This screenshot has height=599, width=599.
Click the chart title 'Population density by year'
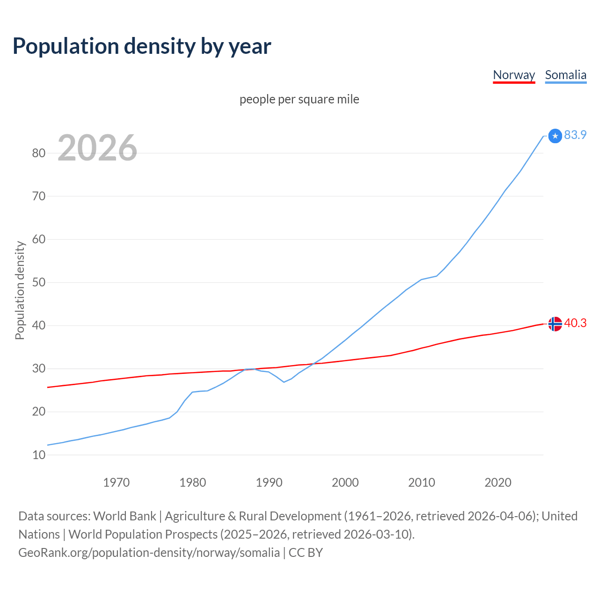point(142,46)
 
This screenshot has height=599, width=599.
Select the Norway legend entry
point(514,75)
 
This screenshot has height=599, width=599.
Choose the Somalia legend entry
point(565,75)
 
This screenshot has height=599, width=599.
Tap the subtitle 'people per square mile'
point(299,99)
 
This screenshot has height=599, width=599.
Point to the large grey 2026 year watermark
point(97,148)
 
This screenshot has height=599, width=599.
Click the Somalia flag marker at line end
point(555,136)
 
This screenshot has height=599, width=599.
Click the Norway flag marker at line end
point(555,324)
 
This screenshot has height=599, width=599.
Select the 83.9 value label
point(575,135)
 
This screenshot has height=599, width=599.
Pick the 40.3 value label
point(575,323)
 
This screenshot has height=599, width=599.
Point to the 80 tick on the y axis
point(39,153)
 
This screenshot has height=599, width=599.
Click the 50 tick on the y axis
point(39,282)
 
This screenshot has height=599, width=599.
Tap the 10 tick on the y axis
point(39,455)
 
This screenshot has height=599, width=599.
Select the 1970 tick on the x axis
point(116,482)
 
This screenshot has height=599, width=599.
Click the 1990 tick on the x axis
point(269,482)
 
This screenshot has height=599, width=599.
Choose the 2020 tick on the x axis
point(498,482)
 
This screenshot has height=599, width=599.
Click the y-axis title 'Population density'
point(20,290)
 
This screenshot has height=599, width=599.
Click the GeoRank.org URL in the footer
point(149,553)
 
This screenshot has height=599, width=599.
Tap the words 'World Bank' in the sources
point(124,516)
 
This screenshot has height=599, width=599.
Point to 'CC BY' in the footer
point(306,553)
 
